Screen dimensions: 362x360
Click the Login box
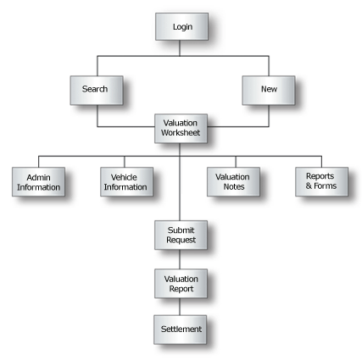click(182, 26)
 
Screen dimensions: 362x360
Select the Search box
click(97, 91)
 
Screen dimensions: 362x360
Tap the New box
click(269, 91)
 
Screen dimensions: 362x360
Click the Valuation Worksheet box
click(181, 129)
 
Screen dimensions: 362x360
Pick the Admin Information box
click(38, 182)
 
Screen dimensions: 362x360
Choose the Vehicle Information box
click(127, 182)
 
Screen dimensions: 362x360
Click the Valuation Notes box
click(233, 182)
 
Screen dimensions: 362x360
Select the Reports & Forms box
click(321, 182)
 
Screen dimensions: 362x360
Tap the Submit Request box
click(181, 235)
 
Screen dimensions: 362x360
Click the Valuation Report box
click(181, 284)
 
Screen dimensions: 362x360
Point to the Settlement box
click(181, 330)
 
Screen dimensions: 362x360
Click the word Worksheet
click(181, 133)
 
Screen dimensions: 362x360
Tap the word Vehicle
click(124, 177)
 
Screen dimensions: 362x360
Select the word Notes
click(234, 186)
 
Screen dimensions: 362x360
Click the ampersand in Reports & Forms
click(309, 186)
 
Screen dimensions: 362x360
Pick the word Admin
click(38, 178)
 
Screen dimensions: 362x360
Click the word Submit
click(181, 230)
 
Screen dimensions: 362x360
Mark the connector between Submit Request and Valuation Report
click(180, 259)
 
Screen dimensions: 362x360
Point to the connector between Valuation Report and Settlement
click(180, 307)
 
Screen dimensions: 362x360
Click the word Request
click(181, 240)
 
